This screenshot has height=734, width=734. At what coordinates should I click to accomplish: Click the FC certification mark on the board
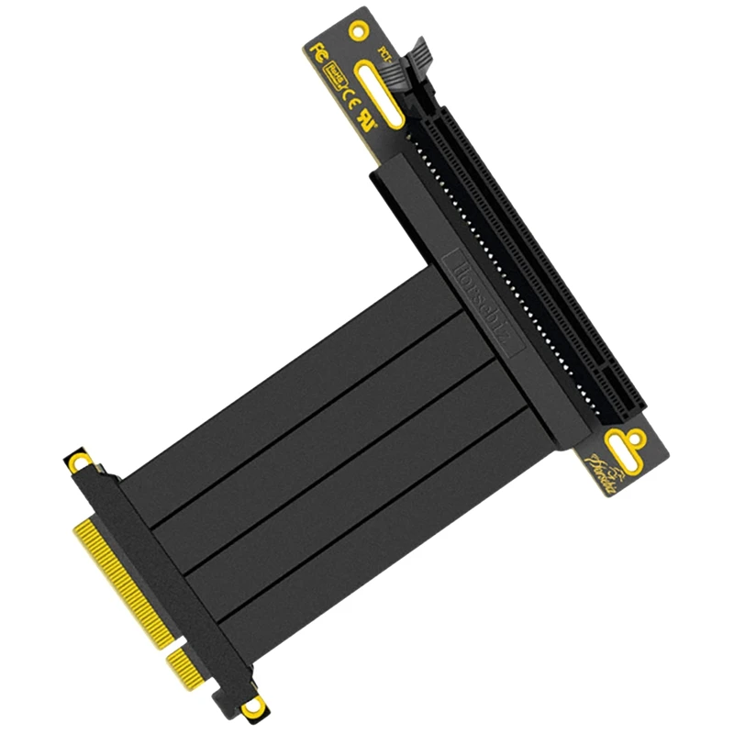pos(319,50)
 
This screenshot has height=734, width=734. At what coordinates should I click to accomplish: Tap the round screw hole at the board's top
pos(358,31)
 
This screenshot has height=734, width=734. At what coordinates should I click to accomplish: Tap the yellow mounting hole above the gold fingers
pos(82,458)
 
